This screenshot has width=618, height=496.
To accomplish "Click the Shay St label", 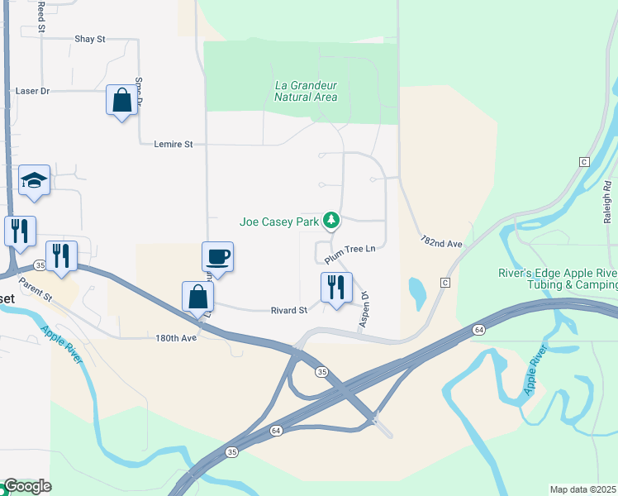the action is coord(90,39).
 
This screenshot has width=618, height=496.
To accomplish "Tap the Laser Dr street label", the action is coord(33,91).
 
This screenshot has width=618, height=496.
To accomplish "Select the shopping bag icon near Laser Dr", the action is coord(121,101).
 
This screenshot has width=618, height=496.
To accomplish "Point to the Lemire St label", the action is coord(174,144).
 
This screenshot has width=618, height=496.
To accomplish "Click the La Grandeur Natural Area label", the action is coord(306,91).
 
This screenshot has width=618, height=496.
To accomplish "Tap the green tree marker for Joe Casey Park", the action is coord(331,220).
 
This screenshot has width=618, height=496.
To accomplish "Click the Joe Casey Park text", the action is coord(278,222).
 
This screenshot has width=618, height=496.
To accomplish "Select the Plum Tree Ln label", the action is coord(349,254).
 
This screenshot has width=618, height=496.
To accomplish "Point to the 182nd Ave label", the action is coord(440,243).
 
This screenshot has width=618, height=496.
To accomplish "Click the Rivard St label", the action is coord(289,311).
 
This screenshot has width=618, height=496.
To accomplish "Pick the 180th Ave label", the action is coord(176,338).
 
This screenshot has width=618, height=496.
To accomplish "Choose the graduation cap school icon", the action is coord(34,179).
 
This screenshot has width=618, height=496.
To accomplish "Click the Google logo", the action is coord(26,486).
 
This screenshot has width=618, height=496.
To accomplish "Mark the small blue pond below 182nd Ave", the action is coord(417,290).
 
